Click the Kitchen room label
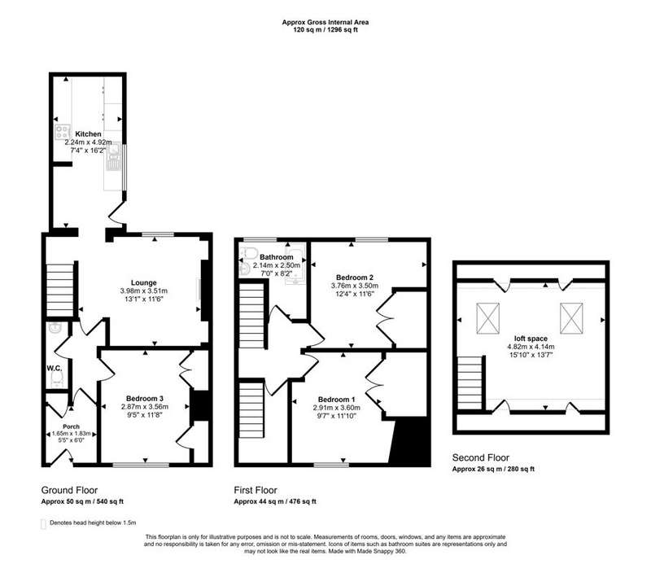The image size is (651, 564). click(x=88, y=134)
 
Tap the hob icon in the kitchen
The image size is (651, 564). click(x=63, y=132)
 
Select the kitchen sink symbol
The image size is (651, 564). click(x=114, y=157)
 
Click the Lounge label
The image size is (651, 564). click(x=144, y=283)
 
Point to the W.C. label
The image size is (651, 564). click(x=55, y=369)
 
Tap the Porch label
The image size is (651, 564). click(x=71, y=426)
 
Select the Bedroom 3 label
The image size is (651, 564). click(x=145, y=399)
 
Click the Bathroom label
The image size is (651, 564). click(x=277, y=257)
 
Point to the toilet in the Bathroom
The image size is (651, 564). click(x=250, y=252)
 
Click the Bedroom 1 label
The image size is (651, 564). click(x=337, y=400)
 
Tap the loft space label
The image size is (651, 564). click(x=531, y=339)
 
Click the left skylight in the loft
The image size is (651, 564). click(x=487, y=318)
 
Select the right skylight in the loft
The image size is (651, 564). click(x=571, y=318)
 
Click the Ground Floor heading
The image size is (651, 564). click(x=69, y=490)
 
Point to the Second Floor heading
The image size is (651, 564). click(x=481, y=457)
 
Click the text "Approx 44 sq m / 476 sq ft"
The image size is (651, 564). click(x=275, y=501)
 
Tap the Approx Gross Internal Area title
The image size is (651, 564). click(x=325, y=23)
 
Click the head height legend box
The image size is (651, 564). click(x=43, y=524)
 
